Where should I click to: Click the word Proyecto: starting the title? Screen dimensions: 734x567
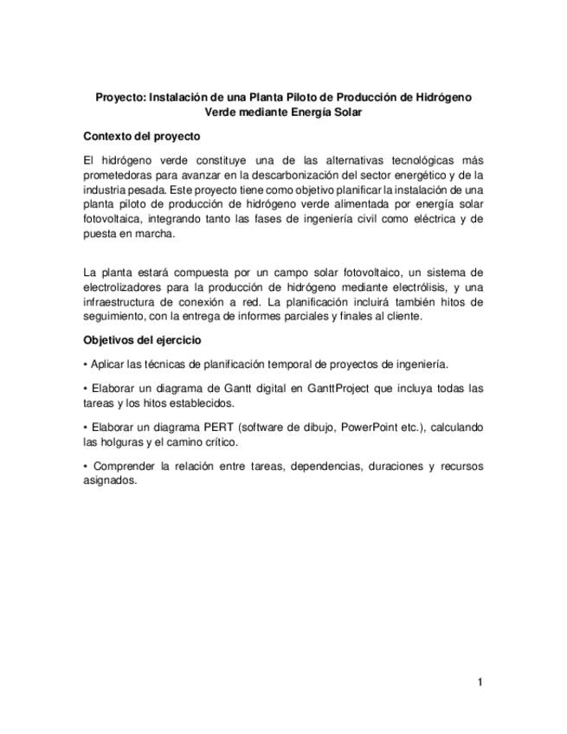(x=120, y=98)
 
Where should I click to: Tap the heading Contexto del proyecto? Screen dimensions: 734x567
(x=141, y=137)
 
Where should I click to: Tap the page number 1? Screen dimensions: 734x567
(x=480, y=682)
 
